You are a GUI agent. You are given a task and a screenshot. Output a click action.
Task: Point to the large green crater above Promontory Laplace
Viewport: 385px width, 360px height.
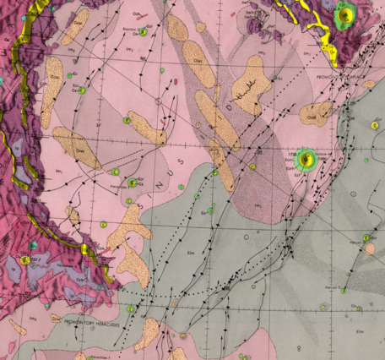344,15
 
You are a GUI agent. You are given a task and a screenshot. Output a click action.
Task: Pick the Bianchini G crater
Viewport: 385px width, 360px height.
143,32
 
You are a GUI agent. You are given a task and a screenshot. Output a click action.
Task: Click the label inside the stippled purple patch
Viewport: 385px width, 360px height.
257,205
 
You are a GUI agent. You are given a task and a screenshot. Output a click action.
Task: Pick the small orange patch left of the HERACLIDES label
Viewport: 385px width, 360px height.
17,326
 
